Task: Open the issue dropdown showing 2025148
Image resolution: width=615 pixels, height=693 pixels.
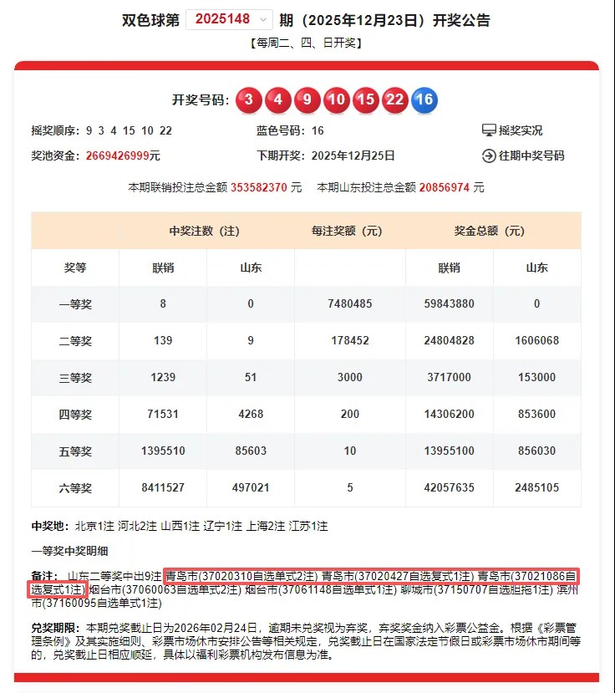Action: (229, 19)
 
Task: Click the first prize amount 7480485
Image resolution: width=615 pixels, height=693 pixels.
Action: (350, 304)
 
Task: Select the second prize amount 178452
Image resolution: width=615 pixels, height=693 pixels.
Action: (350, 340)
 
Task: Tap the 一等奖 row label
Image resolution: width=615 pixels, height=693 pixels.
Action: (75, 304)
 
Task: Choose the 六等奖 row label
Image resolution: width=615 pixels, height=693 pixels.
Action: (75, 487)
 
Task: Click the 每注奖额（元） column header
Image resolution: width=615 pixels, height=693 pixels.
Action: (350, 231)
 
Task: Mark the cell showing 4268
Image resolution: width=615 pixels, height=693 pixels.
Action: (251, 414)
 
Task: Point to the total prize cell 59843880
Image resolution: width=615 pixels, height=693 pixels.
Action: (450, 304)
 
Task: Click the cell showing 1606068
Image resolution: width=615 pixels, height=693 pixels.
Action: (537, 340)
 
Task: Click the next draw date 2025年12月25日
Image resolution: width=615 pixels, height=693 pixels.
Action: (353, 155)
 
